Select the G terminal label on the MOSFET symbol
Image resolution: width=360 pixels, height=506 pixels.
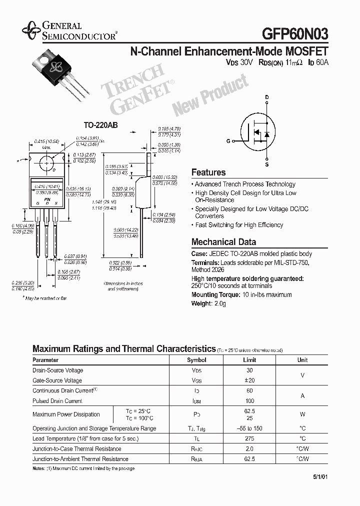click(228, 141)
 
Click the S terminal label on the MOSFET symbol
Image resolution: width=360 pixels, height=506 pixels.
click(267, 164)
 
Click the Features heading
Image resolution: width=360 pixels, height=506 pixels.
click(208, 172)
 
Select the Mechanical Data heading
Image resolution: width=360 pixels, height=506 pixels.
click(223, 242)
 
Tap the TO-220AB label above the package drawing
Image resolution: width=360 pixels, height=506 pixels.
click(100, 126)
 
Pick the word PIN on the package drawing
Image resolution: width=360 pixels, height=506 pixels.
click(47, 199)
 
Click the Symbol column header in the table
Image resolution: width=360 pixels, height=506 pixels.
click(196, 360)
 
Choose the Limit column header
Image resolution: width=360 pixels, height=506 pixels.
click(249, 360)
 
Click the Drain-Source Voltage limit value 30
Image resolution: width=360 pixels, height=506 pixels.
click(249, 370)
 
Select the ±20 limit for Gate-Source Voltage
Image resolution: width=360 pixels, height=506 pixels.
click(249, 380)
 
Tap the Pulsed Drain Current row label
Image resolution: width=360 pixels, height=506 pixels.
click(57, 401)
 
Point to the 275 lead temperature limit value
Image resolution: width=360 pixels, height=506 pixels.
click(249, 438)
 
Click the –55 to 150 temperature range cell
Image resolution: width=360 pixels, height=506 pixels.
click(249, 428)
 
